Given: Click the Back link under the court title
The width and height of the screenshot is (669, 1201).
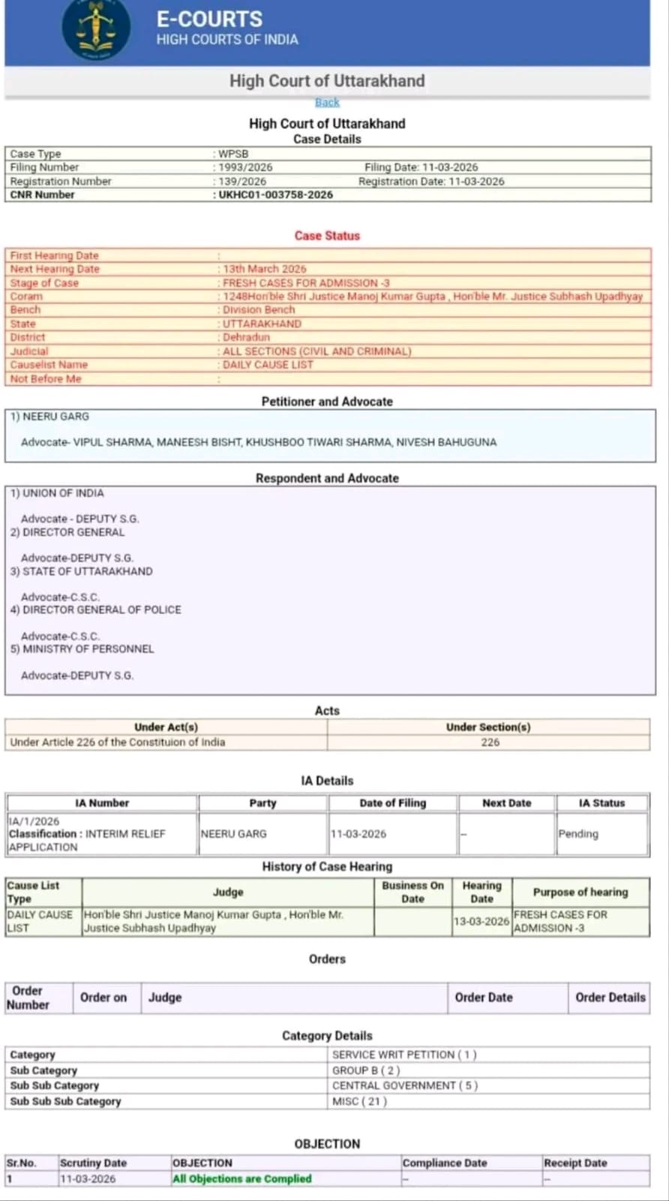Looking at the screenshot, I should click(x=327, y=102).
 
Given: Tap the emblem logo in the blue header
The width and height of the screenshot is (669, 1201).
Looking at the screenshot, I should click(x=95, y=29).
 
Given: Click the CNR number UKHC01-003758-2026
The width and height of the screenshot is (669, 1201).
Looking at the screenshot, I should click(x=275, y=194).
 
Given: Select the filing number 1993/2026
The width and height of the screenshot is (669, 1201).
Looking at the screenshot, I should click(x=245, y=167).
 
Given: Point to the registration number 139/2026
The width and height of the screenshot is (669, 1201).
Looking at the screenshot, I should click(x=242, y=181).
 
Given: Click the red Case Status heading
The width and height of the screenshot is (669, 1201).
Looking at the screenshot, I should click(x=327, y=236).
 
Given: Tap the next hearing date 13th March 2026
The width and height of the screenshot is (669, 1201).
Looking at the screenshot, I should click(x=264, y=269).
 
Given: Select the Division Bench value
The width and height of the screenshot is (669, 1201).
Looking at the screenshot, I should click(x=259, y=309).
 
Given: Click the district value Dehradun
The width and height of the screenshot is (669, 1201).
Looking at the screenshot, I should click(x=246, y=337).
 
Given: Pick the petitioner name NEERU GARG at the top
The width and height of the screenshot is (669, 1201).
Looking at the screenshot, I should click(x=55, y=417).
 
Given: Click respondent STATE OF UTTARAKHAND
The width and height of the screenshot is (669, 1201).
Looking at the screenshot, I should click(x=87, y=571).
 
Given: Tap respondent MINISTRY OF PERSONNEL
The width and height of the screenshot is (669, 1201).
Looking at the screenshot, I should click(x=88, y=649).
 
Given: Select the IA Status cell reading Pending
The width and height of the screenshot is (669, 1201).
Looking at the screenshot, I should click(x=578, y=834).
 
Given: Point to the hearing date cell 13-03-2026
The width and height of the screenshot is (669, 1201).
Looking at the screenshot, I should click(x=481, y=921).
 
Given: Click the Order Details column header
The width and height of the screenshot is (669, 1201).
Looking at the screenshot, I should click(x=610, y=998).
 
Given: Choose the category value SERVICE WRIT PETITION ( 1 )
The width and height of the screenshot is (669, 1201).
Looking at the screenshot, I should click(x=404, y=1055).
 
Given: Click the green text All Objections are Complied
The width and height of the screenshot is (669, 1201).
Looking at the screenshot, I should click(x=241, y=1178).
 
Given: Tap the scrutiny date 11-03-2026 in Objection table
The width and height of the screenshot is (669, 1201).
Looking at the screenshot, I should click(x=88, y=1178).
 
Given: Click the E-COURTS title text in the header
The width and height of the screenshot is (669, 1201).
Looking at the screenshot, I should click(x=209, y=20).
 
